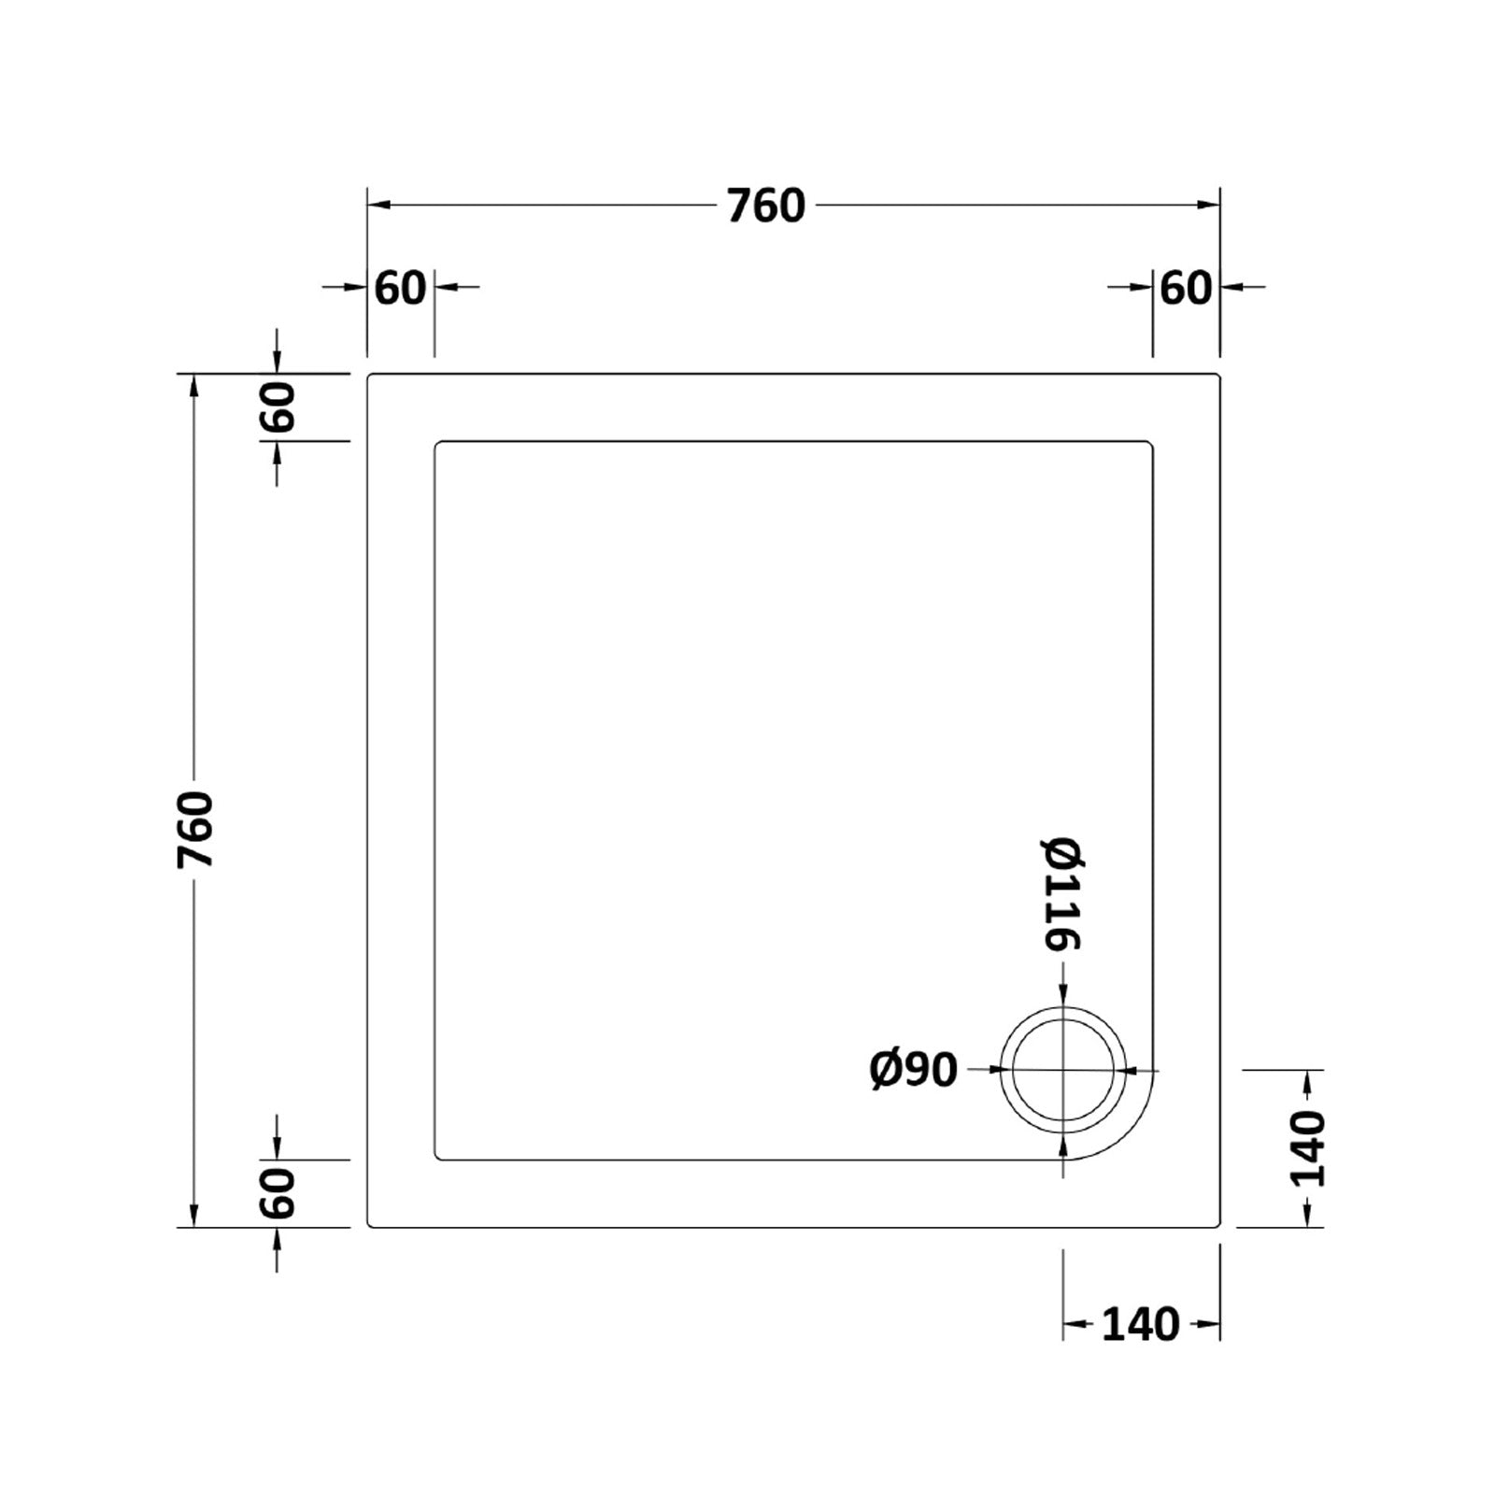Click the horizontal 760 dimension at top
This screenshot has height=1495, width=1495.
pyautogui.click(x=765, y=206)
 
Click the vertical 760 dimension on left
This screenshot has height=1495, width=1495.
pyautogui.click(x=196, y=829)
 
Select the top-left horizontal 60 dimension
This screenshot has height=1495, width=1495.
pyautogui.click(x=400, y=288)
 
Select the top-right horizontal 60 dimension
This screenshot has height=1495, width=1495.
pyautogui.click(x=1186, y=288)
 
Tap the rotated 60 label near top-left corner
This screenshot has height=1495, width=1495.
pyautogui.click(x=278, y=406)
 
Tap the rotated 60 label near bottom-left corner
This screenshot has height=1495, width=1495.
pyautogui.click(x=278, y=1193)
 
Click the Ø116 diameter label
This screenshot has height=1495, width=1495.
pyautogui.click(x=1062, y=894)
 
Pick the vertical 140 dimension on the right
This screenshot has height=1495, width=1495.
pyautogui.click(x=1307, y=1148)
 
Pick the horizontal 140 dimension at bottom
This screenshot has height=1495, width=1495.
pyautogui.click(x=1140, y=1324)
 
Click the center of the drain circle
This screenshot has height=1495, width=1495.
pyautogui.click(x=1063, y=1071)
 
